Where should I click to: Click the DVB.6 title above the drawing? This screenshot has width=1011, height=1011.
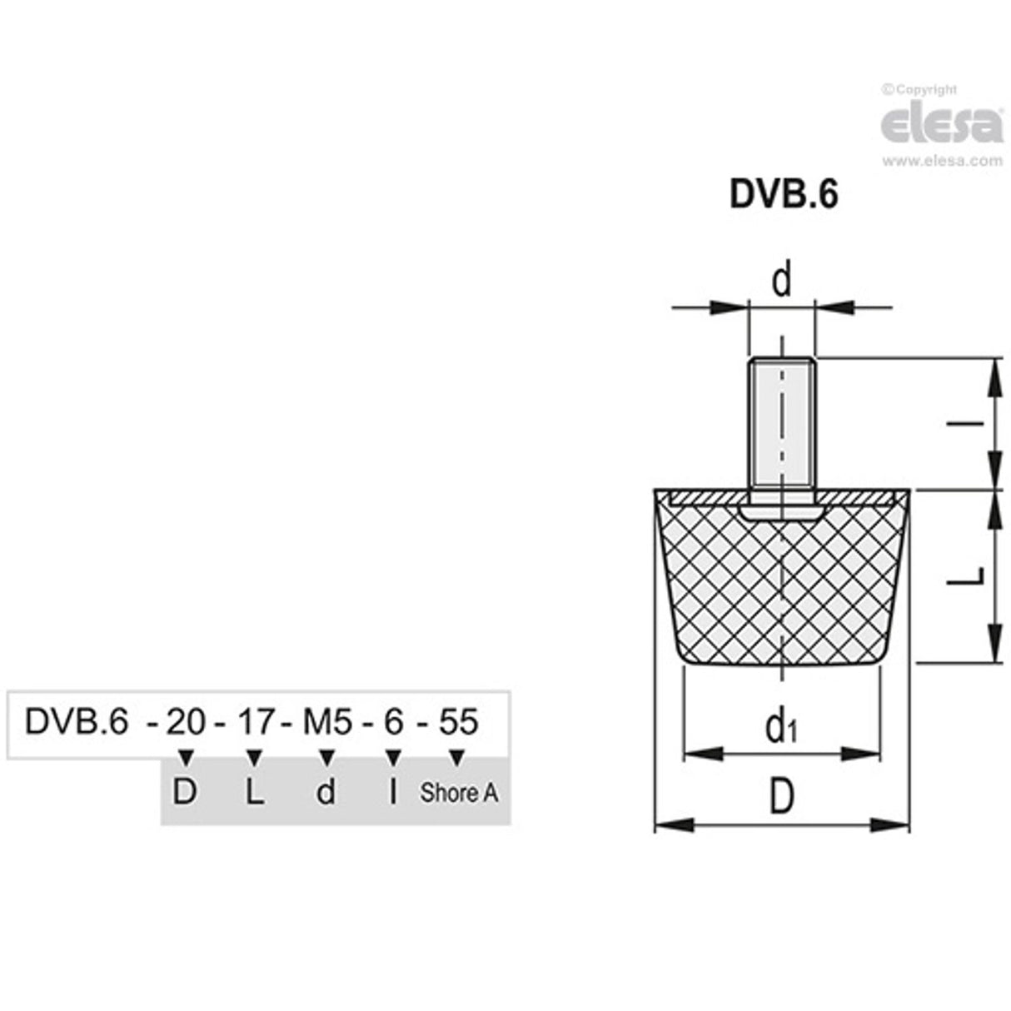[783, 195]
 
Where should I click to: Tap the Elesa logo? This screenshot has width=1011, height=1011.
[942, 124]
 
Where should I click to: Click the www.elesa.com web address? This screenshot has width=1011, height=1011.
[942, 162]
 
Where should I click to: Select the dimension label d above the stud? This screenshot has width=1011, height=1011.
[781, 281]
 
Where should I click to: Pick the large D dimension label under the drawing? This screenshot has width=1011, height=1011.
[780, 798]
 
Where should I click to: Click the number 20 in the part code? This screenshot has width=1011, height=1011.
[185, 722]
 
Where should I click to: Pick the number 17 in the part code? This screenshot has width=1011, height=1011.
[256, 722]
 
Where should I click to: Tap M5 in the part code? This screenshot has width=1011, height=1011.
[327, 722]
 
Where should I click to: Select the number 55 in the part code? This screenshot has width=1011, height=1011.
[458, 722]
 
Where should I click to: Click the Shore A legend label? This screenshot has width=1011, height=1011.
[459, 793]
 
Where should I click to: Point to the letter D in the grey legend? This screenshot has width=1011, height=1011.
[184, 792]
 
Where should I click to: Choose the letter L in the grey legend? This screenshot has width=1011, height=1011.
[255, 792]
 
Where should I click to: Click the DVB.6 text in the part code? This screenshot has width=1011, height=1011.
[77, 722]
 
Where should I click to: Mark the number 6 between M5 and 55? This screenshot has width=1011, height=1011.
[393, 722]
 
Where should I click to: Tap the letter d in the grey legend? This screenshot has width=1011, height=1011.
[326, 792]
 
